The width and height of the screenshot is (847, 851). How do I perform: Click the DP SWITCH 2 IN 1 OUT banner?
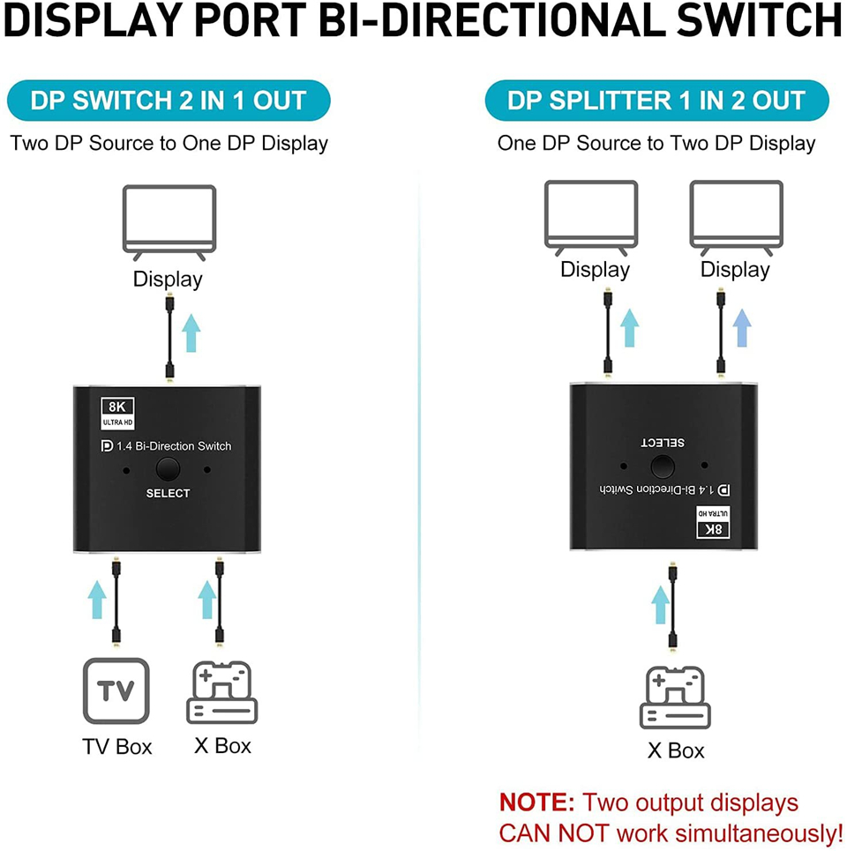pos(168,101)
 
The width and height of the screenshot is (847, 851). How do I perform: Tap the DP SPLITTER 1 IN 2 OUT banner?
pos(656,101)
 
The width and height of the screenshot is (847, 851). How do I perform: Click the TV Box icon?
pos(116,692)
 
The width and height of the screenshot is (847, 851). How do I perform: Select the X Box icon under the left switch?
pos(222,694)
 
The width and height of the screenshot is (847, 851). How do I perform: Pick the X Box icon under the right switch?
pos(676,698)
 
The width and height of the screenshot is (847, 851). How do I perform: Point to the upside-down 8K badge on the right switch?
pos(712,524)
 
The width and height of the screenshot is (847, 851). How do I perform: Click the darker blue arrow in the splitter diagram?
pos(742,328)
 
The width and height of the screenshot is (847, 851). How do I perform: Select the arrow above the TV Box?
pos(97,599)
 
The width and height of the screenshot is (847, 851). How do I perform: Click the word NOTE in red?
pos(536,802)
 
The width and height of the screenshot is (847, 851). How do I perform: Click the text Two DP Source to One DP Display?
pos(169,143)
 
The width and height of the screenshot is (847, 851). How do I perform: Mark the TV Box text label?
pos(117,746)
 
